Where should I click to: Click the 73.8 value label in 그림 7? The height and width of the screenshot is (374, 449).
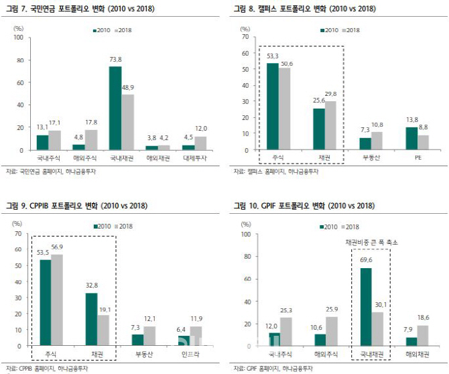[x=115, y=60]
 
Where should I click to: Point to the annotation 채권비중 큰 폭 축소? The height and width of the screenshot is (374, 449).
[x=371, y=241]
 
